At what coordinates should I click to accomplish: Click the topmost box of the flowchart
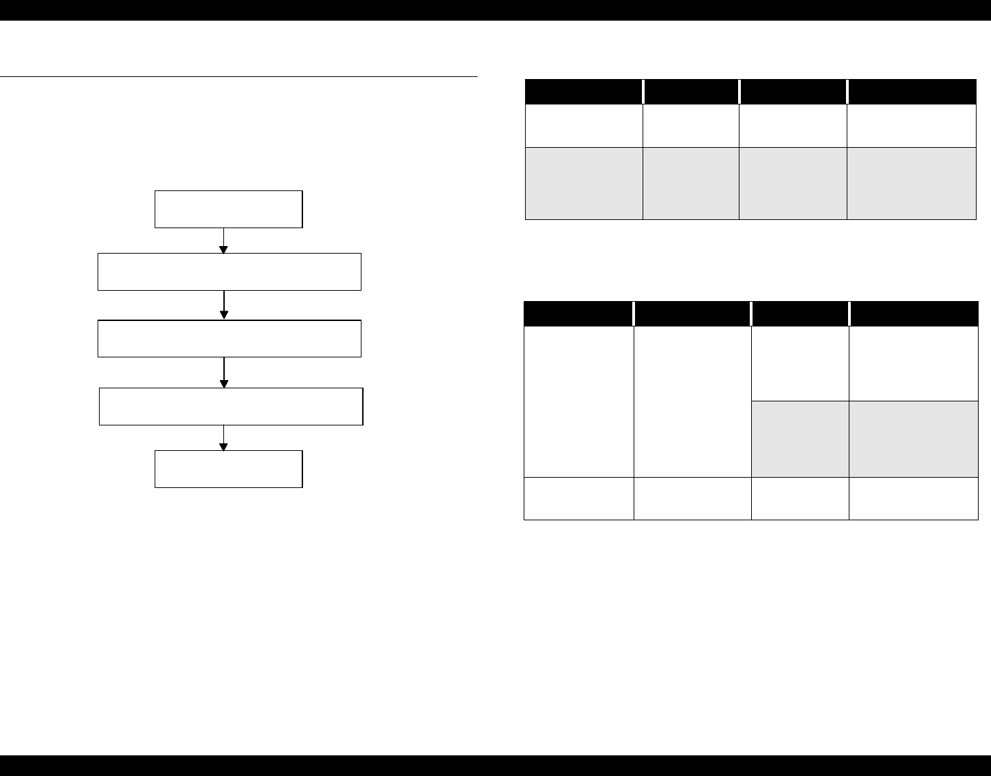(228, 209)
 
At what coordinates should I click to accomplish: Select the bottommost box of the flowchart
(228, 469)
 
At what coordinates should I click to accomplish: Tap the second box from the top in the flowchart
(229, 271)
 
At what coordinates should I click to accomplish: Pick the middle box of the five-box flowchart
(229, 338)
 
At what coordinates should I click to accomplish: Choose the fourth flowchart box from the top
(231, 406)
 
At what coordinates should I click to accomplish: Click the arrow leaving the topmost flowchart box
(224, 241)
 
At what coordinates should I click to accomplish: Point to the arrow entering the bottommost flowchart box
(224, 438)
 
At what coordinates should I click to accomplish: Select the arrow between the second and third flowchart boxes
(224, 305)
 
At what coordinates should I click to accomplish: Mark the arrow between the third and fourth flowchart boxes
(224, 373)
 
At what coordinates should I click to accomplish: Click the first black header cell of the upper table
(584, 91)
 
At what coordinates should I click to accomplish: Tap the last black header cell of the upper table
(911, 91)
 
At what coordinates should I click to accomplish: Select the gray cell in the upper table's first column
(584, 184)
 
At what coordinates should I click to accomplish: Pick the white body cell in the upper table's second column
(691, 125)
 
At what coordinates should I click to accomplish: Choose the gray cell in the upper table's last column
(911, 184)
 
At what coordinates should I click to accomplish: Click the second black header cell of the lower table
(692, 313)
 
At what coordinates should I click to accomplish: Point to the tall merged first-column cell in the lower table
(579, 401)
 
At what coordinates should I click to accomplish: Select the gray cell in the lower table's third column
(800, 439)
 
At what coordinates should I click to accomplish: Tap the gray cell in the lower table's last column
(913, 439)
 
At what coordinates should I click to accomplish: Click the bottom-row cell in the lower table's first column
(579, 498)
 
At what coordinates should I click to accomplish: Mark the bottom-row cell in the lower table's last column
(913, 498)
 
